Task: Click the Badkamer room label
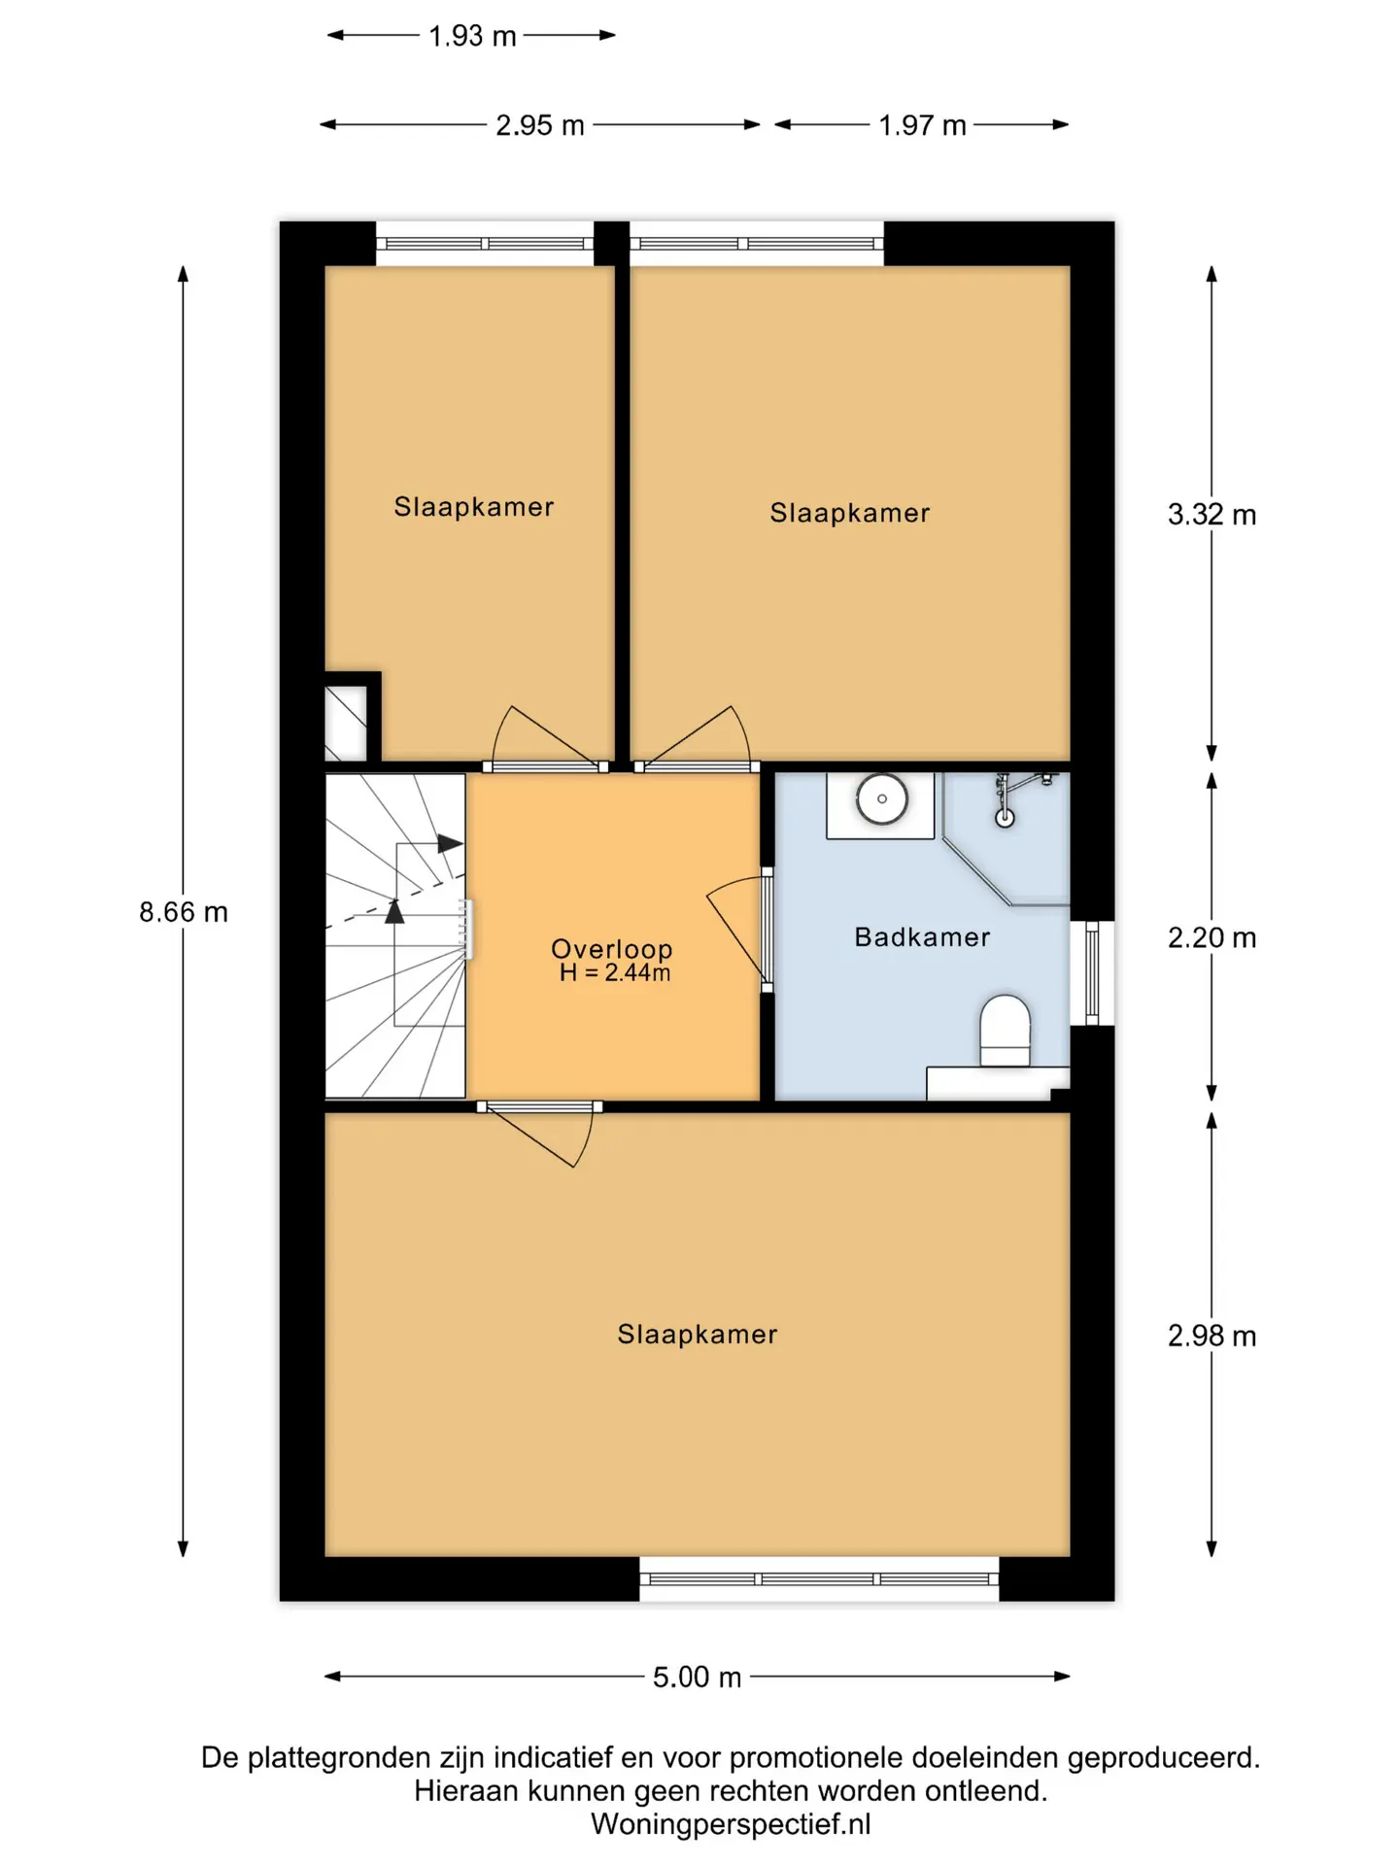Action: tap(922, 937)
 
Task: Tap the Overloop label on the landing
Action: tap(611, 948)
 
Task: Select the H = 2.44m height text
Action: tap(614, 973)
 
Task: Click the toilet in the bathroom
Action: tap(1005, 1031)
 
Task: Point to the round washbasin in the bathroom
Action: tap(882, 799)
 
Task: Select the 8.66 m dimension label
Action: tap(184, 912)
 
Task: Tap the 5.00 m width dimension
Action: tap(697, 1678)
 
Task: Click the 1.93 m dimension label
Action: tap(472, 36)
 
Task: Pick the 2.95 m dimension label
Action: tap(540, 125)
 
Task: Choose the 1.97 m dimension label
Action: tap(922, 125)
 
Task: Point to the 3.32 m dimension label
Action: tap(1211, 515)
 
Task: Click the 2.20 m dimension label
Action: tap(1211, 938)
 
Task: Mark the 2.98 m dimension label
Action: tap(1211, 1337)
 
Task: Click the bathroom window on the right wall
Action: tap(1092, 972)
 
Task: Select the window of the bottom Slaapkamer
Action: tap(819, 1578)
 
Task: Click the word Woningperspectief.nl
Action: tap(731, 1824)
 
